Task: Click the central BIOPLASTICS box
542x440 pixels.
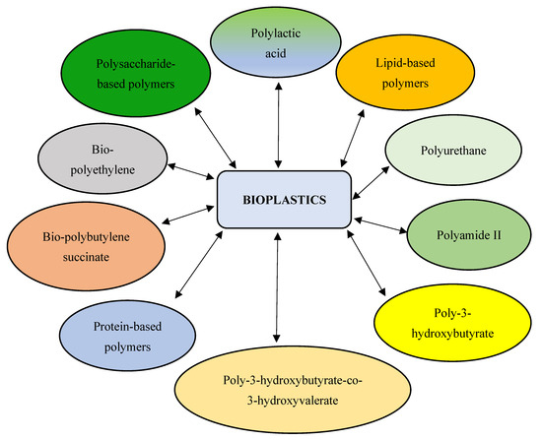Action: (x=283, y=201)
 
